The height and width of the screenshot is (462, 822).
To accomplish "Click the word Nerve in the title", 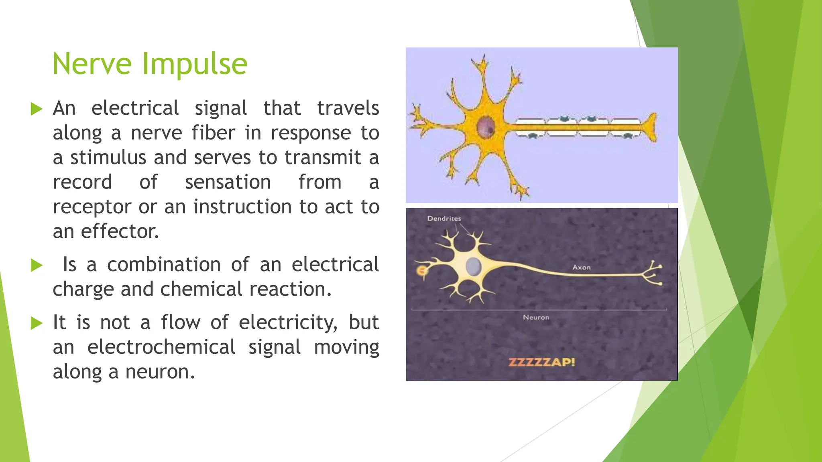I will [x=92, y=64].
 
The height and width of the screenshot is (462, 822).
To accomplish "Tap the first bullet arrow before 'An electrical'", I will [x=37, y=109].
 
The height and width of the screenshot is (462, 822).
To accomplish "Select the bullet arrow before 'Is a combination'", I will [x=37, y=265].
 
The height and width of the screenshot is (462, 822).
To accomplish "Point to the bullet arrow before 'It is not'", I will [x=37, y=323].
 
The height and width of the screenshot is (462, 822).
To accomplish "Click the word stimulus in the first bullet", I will [x=108, y=157].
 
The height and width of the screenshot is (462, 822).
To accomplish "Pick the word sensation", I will [x=228, y=182].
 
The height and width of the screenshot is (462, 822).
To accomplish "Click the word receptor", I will [x=92, y=207].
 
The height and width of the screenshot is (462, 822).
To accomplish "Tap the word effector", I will [x=120, y=231].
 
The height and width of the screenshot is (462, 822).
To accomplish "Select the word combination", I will [x=164, y=265].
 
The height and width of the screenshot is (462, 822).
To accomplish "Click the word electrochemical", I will [x=161, y=347].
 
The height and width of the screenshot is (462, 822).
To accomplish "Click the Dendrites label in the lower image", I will [x=444, y=219].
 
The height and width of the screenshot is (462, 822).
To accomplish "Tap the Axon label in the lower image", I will [x=581, y=267].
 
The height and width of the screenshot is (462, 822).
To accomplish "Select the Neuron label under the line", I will [x=536, y=317].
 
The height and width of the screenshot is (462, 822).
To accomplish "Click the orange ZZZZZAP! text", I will [x=541, y=363].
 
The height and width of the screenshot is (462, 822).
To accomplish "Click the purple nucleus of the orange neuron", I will [x=486, y=126].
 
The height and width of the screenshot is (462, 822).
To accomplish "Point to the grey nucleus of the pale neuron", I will [x=474, y=266].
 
